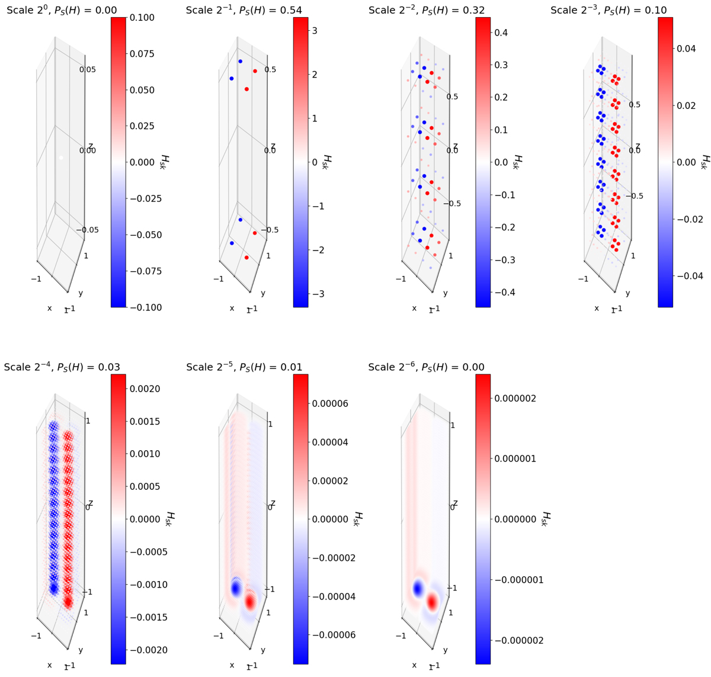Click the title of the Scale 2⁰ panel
click(x=62, y=10)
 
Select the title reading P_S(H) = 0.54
click(x=244, y=10)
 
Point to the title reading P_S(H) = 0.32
click(x=427, y=10)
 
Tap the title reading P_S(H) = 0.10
click(x=608, y=10)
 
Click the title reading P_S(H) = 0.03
click(x=62, y=367)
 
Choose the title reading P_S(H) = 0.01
click(x=244, y=367)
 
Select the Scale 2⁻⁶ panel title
click(x=427, y=367)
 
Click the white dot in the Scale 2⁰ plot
click(x=61, y=158)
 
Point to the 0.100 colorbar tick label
click(x=142, y=18)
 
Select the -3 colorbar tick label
click(x=318, y=294)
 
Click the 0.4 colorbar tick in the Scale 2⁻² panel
click(x=501, y=33)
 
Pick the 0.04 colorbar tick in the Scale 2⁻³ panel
click(x=686, y=48)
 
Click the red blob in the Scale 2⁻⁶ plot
click(x=433, y=602)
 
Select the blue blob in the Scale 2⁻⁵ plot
click(x=236, y=589)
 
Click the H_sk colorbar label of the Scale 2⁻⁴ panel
click(x=169, y=519)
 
